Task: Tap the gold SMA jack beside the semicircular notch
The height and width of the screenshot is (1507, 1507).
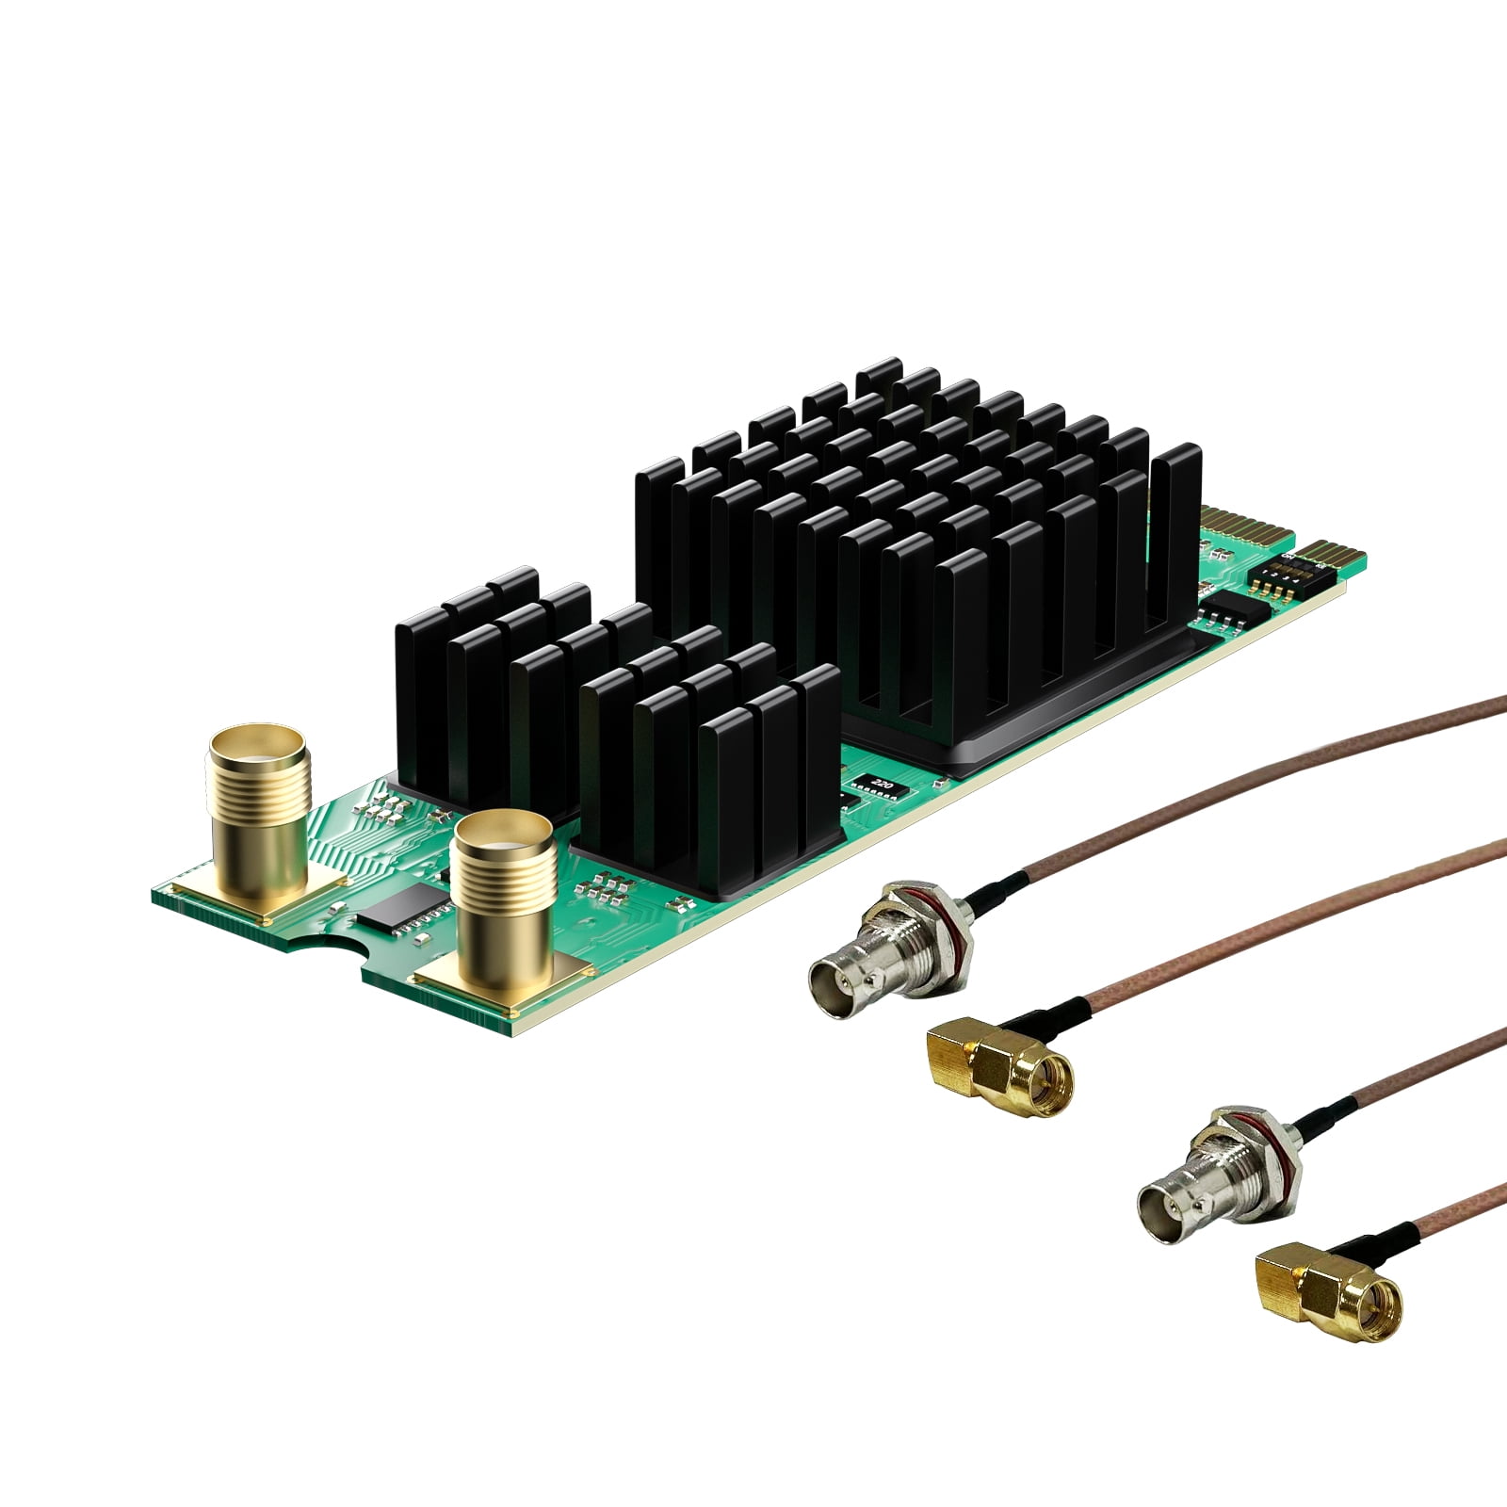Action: pyautogui.click(x=504, y=904)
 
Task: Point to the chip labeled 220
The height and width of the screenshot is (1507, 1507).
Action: pyautogui.click(x=880, y=784)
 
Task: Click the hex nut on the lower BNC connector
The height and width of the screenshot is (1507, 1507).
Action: pyautogui.click(x=1248, y=1154)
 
